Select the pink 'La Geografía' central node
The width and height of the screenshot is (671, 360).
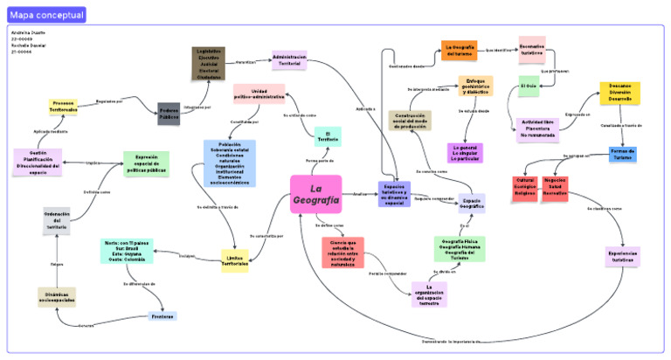[x=315, y=194]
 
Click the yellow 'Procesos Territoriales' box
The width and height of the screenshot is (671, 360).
[x=63, y=107]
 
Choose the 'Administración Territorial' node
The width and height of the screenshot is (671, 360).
[x=289, y=60]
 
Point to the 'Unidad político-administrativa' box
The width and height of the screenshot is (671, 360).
[x=259, y=94]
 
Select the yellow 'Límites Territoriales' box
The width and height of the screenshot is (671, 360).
[x=234, y=260]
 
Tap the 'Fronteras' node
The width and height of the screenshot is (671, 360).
[x=162, y=315]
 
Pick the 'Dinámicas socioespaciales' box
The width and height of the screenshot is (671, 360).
[x=56, y=297]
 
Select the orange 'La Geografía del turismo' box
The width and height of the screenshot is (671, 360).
[x=459, y=50]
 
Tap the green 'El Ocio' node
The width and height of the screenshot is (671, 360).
[x=529, y=86]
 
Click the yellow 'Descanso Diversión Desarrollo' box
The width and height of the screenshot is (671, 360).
[x=620, y=93]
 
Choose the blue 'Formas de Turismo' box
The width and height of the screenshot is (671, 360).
[x=621, y=154]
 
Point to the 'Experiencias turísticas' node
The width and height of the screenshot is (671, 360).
[x=622, y=257]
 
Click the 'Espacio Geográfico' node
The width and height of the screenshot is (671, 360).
[x=472, y=203]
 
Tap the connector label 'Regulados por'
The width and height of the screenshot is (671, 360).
[x=109, y=101]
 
